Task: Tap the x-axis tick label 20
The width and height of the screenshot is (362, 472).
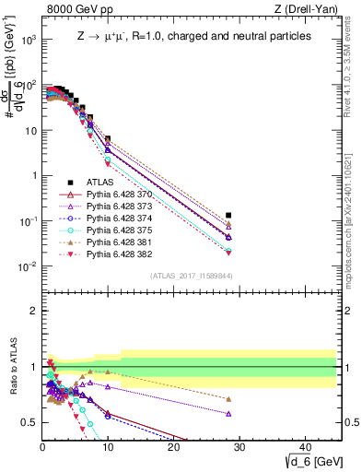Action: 172,447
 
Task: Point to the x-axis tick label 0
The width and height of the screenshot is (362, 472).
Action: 42,447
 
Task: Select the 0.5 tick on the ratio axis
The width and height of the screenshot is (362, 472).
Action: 30,422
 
